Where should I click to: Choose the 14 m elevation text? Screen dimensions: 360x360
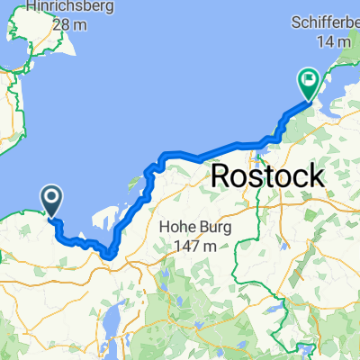[328, 40]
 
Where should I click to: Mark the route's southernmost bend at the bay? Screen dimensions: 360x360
[110, 255]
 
